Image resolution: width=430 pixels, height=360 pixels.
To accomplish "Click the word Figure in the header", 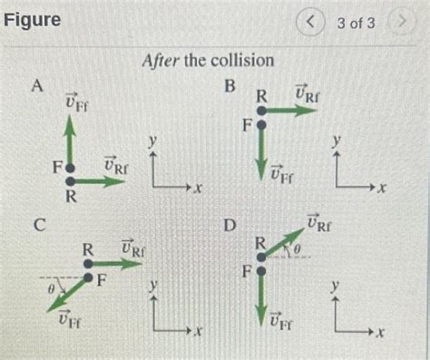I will point(33,18).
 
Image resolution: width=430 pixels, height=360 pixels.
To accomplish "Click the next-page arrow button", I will point(400,22).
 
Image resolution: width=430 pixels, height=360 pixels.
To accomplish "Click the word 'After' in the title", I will point(161,61).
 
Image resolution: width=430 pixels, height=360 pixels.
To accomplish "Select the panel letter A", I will point(37,85).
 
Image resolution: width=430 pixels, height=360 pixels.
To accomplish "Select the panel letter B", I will point(230,85).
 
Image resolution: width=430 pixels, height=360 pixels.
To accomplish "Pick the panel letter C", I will point(38,223).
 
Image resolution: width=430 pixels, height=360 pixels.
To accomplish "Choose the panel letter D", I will point(230,223).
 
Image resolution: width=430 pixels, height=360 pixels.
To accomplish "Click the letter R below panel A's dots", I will point(70,196).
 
